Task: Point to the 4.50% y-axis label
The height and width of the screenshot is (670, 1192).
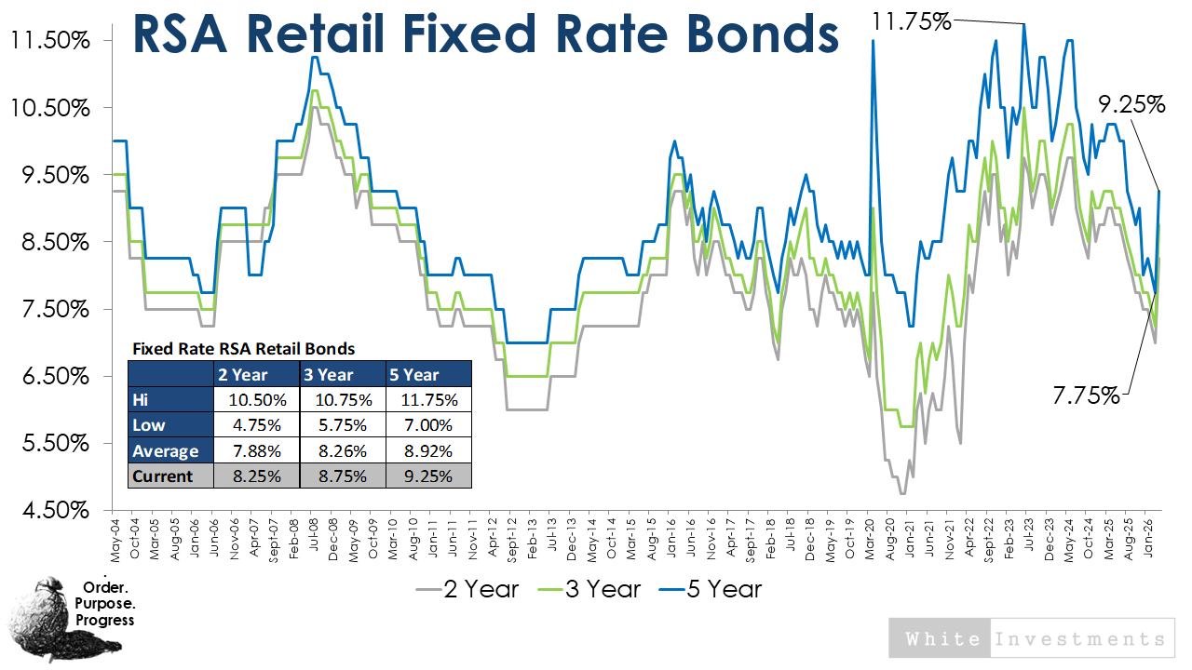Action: pyautogui.click(x=51, y=511)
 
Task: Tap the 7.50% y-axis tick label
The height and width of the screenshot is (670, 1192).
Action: pyautogui.click(x=51, y=310)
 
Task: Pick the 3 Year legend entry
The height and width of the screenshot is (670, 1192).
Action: pyautogui.click(x=589, y=589)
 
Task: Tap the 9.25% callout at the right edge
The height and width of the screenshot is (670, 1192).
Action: pyautogui.click(x=1131, y=104)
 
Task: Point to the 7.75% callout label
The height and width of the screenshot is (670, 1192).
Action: pyautogui.click(x=1086, y=395)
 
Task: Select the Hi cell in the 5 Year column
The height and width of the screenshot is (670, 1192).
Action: pyautogui.click(x=428, y=400)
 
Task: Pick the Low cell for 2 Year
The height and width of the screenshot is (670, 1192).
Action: pyautogui.click(x=257, y=425)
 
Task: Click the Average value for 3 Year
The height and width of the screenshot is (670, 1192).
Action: pyautogui.click(x=343, y=450)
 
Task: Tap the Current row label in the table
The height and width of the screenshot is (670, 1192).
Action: pyautogui.click(x=163, y=476)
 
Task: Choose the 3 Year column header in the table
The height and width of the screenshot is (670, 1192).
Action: pyautogui.click(x=343, y=375)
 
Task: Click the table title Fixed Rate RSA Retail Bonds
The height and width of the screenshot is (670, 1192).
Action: pyautogui.click(x=243, y=350)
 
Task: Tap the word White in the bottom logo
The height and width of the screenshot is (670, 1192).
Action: pyautogui.click(x=941, y=639)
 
